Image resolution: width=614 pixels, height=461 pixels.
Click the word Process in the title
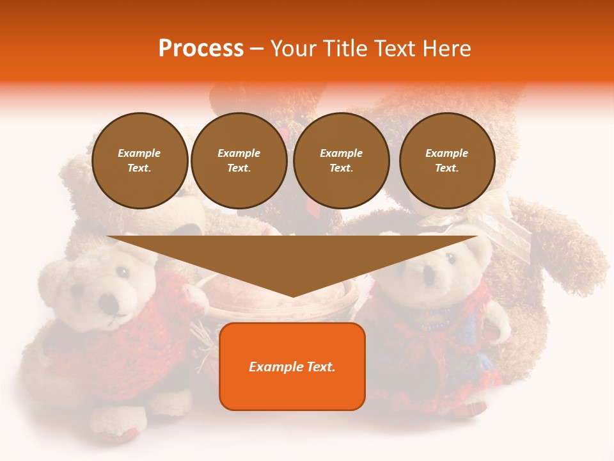click(x=201, y=49)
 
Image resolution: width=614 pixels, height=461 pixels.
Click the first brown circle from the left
click(x=139, y=161)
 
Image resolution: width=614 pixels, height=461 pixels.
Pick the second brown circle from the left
click(x=239, y=161)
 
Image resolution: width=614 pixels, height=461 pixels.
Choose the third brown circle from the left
click(x=341, y=161)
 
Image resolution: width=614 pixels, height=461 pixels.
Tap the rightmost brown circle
click(x=447, y=161)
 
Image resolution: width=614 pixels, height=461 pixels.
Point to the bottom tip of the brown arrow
click(x=292, y=296)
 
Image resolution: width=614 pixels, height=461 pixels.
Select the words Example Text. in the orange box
click(x=292, y=367)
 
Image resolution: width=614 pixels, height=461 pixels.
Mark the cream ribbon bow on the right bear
click(x=499, y=221)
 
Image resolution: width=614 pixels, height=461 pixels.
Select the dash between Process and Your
click(x=256, y=49)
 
